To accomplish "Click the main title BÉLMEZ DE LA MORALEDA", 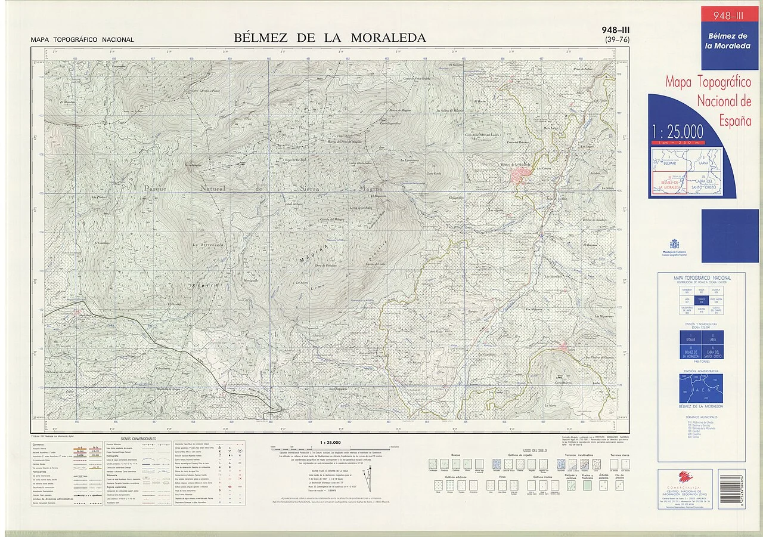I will coord(330,38).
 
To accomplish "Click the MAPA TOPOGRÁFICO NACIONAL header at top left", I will coord(82,40).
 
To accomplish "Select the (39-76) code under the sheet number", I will coord(616,40).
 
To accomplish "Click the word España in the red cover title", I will coord(734,121).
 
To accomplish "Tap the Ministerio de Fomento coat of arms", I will coord(674,244).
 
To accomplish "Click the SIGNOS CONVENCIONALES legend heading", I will coord(138,439).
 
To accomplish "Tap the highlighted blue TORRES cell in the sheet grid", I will coord(701,301).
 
